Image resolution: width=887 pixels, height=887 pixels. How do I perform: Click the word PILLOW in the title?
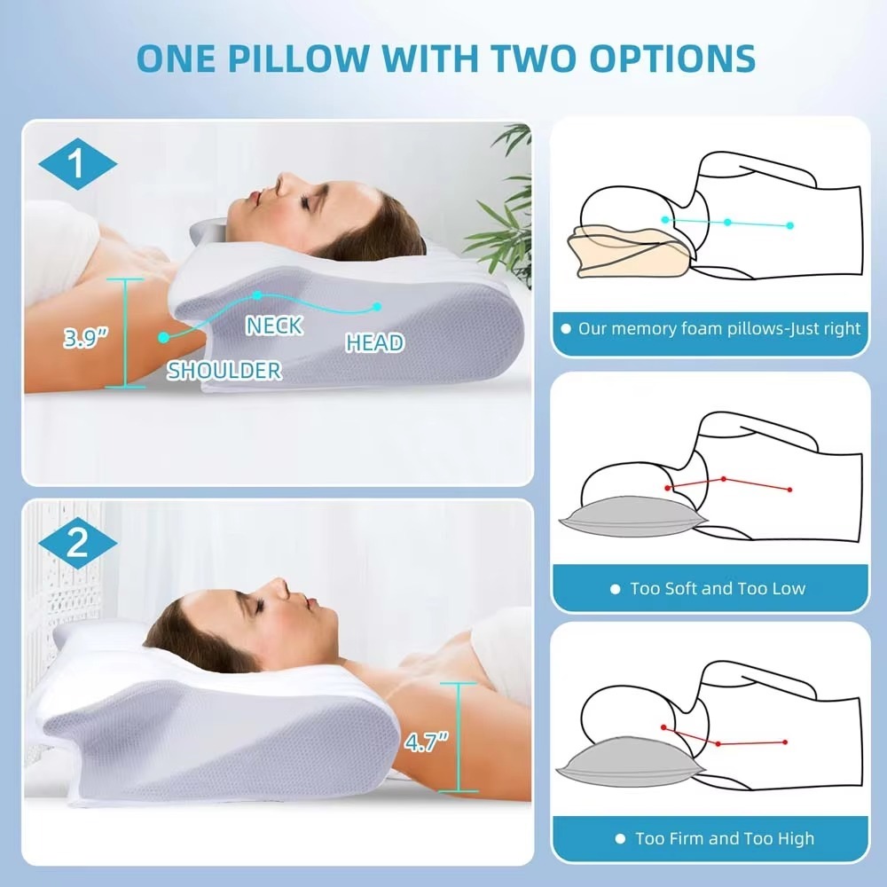pos(298,58)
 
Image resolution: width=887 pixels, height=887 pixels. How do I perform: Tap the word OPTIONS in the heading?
pos(672,58)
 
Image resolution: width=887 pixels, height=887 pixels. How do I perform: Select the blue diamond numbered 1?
pos(77,163)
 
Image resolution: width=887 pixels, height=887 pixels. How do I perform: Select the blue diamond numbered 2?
pos(77,543)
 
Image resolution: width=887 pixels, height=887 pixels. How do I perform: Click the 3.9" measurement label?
pos(85,338)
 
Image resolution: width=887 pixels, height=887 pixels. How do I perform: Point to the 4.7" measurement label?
pos(426,742)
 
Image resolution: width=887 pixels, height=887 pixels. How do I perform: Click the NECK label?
pos(274,326)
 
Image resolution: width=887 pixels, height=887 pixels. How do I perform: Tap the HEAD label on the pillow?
pos(374,342)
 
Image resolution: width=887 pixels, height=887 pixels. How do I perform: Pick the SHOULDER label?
pos(224,371)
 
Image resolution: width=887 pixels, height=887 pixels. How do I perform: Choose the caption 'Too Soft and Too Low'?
pos(718,589)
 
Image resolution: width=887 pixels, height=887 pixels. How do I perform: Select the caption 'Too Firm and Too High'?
pos(725,838)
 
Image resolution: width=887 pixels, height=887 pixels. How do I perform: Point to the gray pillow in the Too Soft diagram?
pos(632,516)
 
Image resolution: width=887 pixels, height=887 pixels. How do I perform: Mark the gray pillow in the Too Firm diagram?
pos(631,762)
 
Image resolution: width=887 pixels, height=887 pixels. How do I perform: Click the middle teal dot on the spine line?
pos(727,223)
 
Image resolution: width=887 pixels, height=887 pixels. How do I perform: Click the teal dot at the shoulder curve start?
pos(163,337)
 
